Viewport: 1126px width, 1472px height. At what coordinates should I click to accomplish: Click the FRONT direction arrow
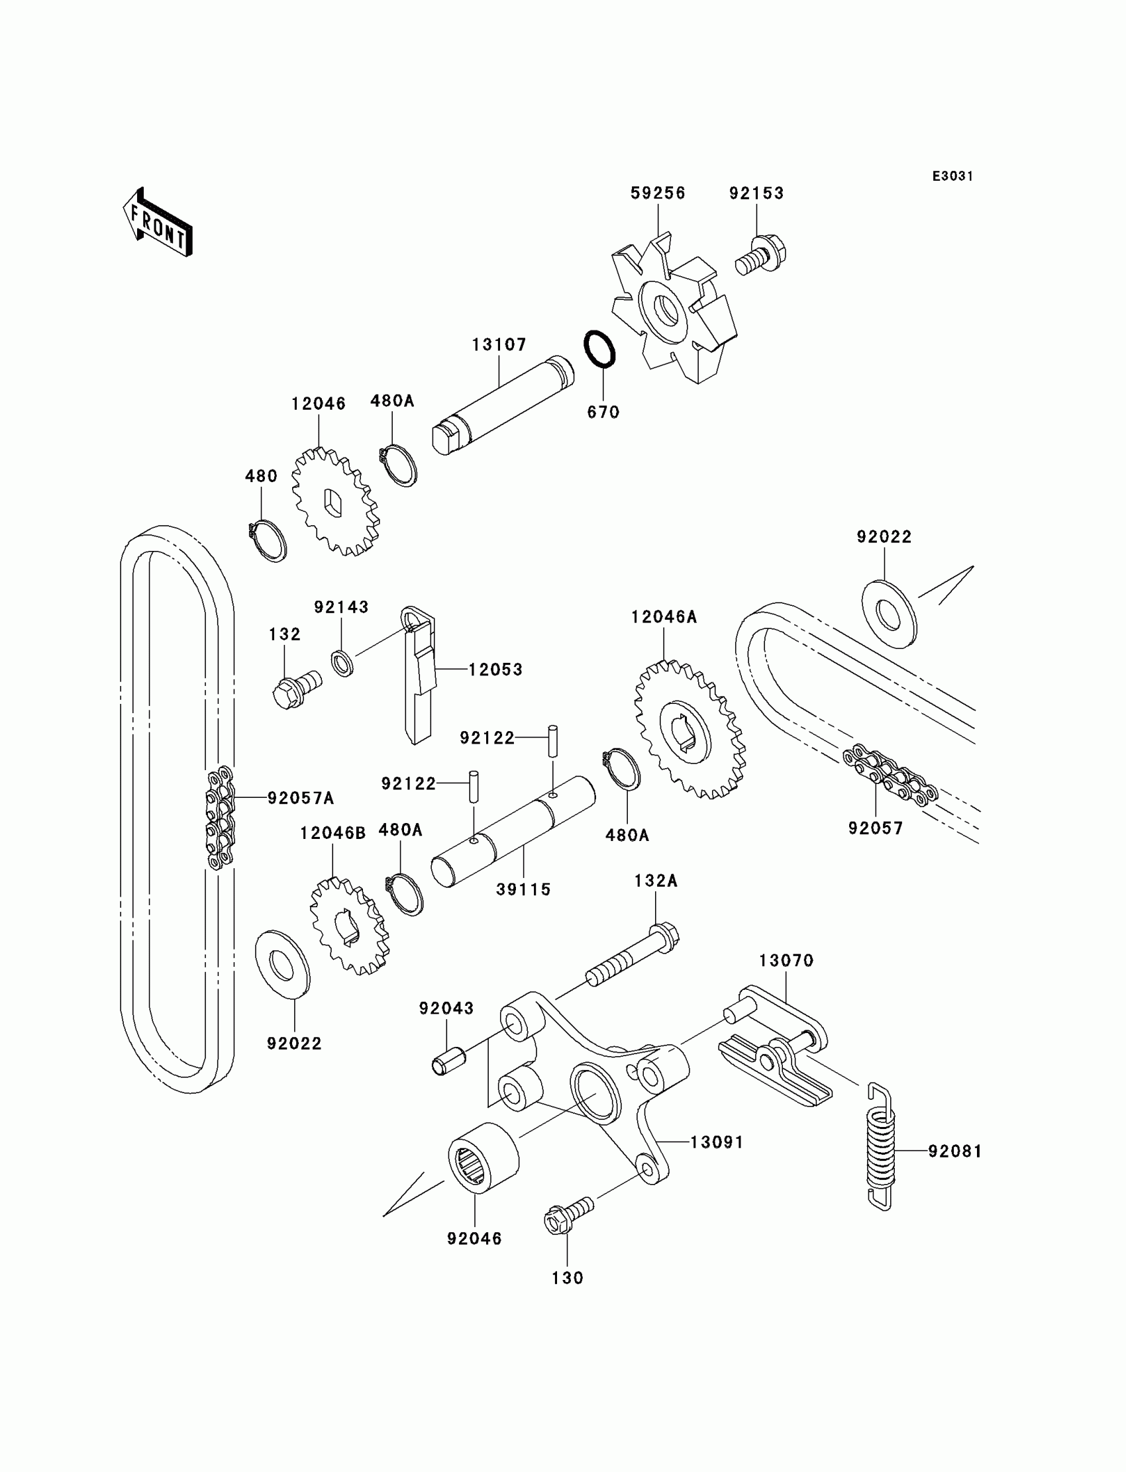(x=158, y=223)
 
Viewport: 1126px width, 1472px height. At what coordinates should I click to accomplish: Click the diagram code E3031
(x=952, y=176)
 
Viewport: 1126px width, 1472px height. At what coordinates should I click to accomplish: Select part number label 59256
(x=658, y=193)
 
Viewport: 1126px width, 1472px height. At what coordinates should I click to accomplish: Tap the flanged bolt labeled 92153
(x=763, y=256)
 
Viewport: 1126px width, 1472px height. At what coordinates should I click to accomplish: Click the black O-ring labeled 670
(x=600, y=348)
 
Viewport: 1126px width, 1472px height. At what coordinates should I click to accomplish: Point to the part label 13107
(x=499, y=344)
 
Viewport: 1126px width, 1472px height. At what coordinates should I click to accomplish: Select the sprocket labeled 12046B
(x=349, y=926)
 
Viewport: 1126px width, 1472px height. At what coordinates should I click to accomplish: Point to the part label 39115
(x=523, y=889)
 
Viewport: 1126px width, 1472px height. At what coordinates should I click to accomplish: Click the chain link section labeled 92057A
(x=220, y=817)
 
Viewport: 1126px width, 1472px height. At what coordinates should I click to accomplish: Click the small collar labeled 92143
(x=343, y=662)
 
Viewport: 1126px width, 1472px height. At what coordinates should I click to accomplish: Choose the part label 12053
(x=495, y=669)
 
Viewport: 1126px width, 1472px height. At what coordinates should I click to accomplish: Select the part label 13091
(x=717, y=1142)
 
